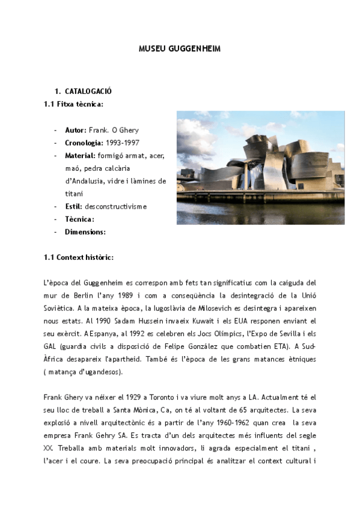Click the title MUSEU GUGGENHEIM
coord(180,49)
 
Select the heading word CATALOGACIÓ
coord(88,91)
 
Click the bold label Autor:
coord(76,130)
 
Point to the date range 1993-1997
coord(123,143)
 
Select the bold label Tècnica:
coord(79,219)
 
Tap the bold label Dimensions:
coord(85,232)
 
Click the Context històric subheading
coord(79,257)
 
